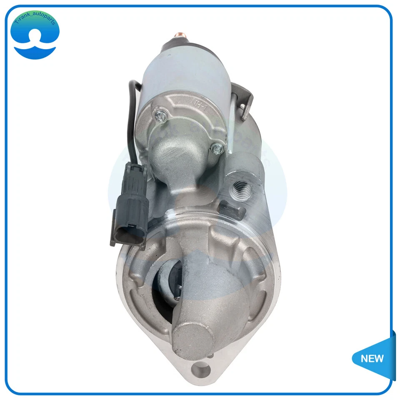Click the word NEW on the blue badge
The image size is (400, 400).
(372, 358)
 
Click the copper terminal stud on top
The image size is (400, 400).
(180, 35)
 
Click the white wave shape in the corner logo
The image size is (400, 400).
(35, 50)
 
